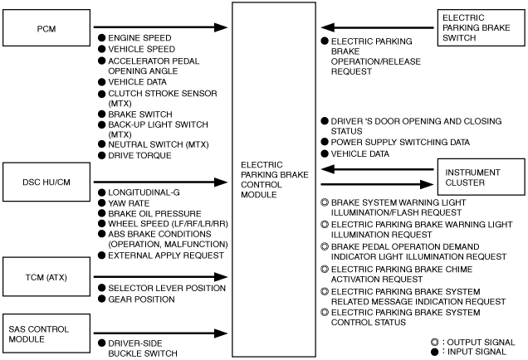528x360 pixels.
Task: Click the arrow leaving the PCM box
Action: (x=160, y=27)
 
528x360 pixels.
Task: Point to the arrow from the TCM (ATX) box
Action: (x=160, y=277)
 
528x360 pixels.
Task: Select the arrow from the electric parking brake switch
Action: (x=377, y=27)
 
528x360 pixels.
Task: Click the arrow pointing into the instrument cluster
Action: (x=377, y=184)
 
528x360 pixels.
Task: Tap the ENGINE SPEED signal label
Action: (x=139, y=38)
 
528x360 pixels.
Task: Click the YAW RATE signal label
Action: (x=129, y=203)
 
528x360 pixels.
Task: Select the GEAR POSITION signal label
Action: (x=141, y=299)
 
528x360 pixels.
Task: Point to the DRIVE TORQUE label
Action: (x=139, y=155)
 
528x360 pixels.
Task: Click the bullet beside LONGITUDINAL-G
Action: (x=101, y=192)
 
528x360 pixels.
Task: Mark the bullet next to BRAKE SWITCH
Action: (x=101, y=114)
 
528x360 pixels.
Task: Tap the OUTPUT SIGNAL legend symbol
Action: (x=435, y=343)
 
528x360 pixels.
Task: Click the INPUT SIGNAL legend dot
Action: (x=435, y=352)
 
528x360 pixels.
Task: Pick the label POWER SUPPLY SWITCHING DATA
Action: (x=400, y=143)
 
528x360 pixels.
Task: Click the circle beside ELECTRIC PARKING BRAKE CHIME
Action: (x=325, y=269)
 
